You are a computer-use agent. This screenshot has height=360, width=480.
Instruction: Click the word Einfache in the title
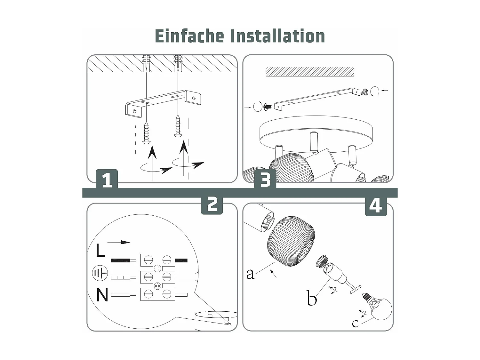click(x=189, y=36)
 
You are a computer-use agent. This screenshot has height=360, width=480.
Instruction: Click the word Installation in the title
click(x=277, y=36)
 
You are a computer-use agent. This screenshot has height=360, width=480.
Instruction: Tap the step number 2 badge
click(x=212, y=204)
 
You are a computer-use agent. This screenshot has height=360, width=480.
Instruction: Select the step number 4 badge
click(x=376, y=206)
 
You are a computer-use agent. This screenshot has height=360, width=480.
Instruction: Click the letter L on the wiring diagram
click(x=100, y=250)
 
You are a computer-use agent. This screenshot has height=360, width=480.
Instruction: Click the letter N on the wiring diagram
click(x=102, y=295)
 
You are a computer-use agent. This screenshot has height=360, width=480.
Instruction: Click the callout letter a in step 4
click(x=250, y=274)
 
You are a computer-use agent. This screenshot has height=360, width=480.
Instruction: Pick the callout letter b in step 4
click(x=311, y=299)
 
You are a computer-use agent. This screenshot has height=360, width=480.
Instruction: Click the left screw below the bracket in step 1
click(x=147, y=132)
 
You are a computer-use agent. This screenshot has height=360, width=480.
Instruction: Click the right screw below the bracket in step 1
click(x=178, y=127)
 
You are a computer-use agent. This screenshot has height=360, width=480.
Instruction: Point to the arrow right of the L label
click(x=119, y=242)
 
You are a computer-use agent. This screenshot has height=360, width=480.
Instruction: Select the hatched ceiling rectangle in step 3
click(x=310, y=72)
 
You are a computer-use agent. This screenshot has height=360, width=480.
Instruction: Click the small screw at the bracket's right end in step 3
click(x=364, y=92)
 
